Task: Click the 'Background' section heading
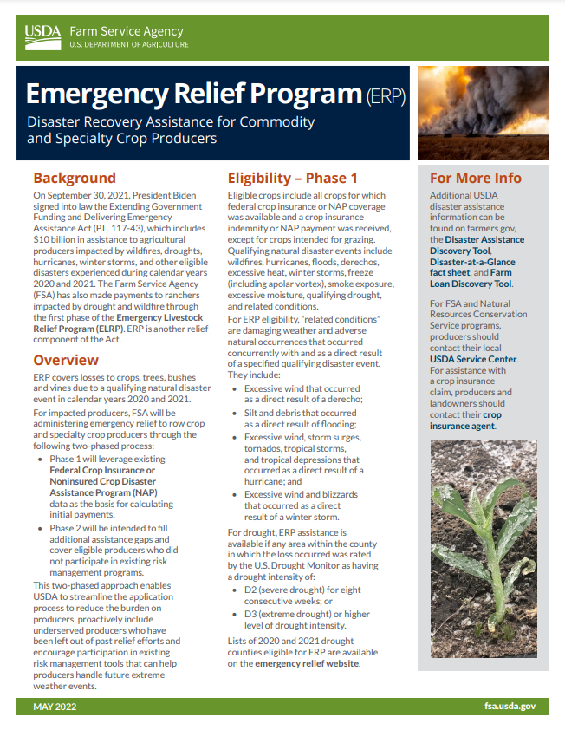point(75,178)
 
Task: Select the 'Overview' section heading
point(66,360)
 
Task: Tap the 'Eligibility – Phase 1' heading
point(292,178)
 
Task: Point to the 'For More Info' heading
point(476,178)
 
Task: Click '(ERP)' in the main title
point(385,95)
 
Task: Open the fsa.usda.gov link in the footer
point(510,707)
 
